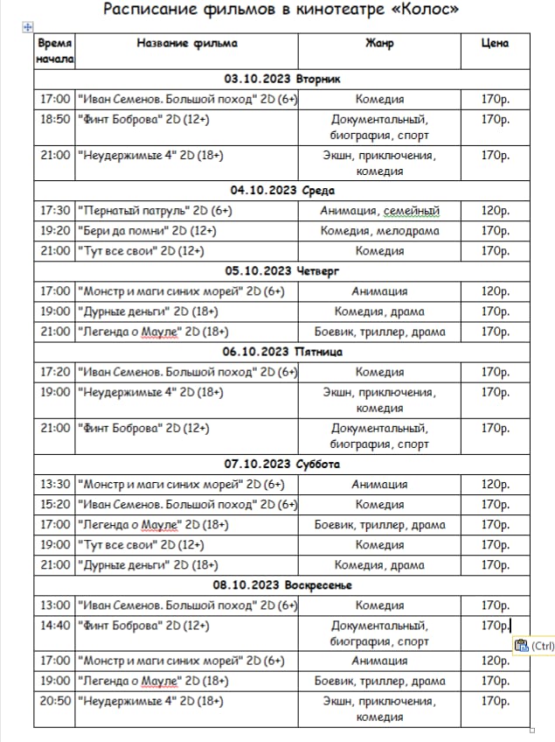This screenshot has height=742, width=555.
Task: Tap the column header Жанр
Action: point(379,43)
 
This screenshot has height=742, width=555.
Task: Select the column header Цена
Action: point(495,43)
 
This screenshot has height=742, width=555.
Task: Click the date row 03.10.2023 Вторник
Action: point(282,79)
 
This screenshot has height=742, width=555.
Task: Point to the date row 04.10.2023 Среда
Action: point(282,190)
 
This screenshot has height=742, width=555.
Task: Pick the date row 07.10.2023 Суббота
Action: point(282,464)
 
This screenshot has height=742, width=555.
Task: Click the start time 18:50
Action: point(55,120)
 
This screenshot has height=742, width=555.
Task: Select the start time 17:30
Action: point(55,211)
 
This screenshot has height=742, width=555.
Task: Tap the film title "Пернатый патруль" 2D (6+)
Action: point(155,211)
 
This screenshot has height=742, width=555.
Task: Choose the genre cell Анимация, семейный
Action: point(379,211)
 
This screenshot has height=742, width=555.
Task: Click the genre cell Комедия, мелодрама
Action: point(379,231)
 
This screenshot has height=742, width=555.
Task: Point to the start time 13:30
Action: point(55,484)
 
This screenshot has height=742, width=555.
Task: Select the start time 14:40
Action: point(55,626)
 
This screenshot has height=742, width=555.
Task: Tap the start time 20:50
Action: point(55,701)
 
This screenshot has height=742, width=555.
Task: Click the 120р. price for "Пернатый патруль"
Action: point(495,211)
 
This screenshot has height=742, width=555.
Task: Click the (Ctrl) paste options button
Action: point(533,647)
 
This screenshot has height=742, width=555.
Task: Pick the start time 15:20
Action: point(55,504)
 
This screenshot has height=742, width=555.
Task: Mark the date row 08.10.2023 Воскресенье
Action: point(282,584)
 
